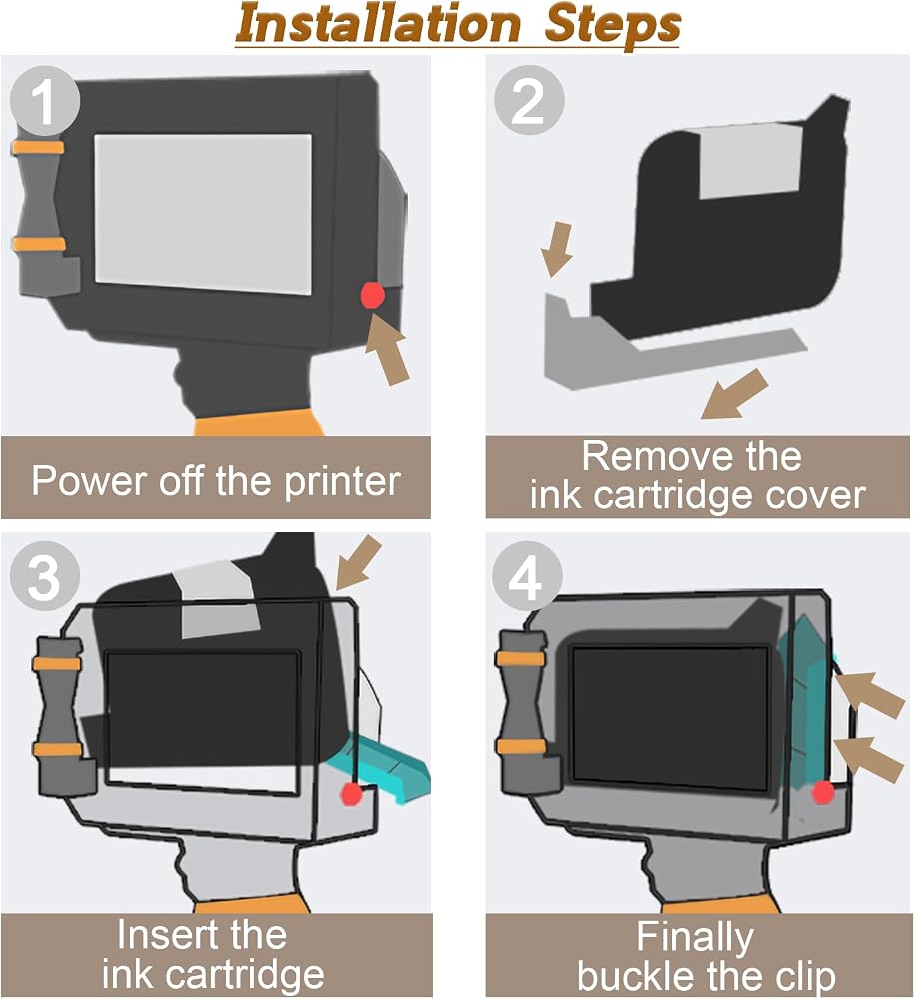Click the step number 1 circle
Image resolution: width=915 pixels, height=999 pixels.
pyautogui.click(x=45, y=101)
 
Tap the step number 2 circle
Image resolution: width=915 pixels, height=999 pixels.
pyautogui.click(x=529, y=99)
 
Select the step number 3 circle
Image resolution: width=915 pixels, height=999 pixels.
pyautogui.click(x=45, y=576)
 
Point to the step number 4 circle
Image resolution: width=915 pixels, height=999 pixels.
pyautogui.click(x=527, y=576)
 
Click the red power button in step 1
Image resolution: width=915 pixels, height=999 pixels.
pyautogui.click(x=372, y=296)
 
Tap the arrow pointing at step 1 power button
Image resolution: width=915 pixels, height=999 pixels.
pyautogui.click(x=387, y=349)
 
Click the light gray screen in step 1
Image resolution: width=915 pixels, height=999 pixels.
pyautogui.click(x=203, y=214)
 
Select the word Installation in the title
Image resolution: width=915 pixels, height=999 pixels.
pyautogui.click(x=379, y=25)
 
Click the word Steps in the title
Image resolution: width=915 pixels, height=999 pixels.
pyautogui.click(x=612, y=25)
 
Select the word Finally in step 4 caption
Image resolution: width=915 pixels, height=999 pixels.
pyautogui.click(x=695, y=938)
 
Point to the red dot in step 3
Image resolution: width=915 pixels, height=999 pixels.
pyautogui.click(x=351, y=794)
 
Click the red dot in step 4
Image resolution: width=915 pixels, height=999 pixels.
pyautogui.click(x=823, y=792)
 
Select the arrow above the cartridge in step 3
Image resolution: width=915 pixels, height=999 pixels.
pyautogui.click(x=358, y=562)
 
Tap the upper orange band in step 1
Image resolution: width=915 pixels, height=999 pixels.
pyautogui.click(x=38, y=148)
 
